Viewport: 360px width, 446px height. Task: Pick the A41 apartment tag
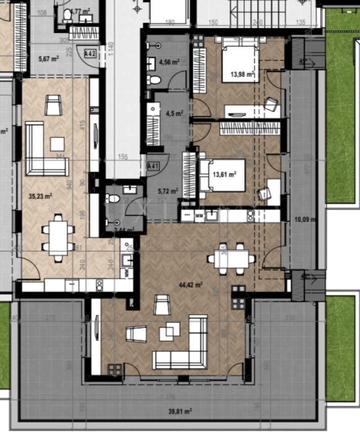tap(153, 166)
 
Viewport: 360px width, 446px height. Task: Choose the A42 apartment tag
tap(90, 54)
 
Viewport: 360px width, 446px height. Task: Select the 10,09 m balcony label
tap(304, 220)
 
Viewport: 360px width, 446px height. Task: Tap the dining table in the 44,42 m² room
tap(231, 259)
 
